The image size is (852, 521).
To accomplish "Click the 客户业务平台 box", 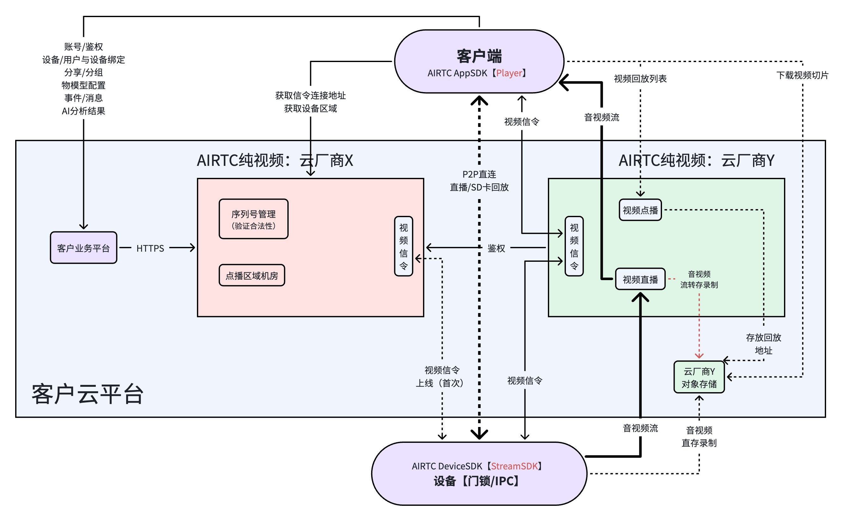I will tap(84, 248).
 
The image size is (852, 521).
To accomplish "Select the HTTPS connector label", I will tap(150, 248).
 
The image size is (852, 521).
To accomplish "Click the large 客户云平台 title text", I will tap(88, 395).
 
